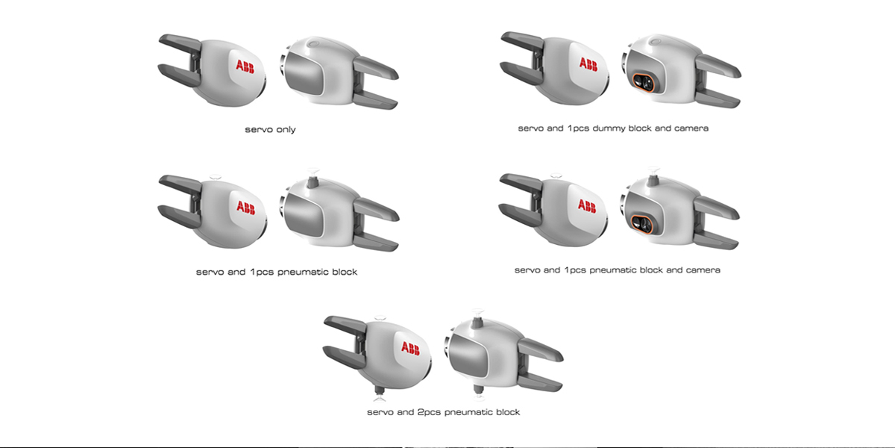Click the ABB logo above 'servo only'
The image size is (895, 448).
click(245, 66)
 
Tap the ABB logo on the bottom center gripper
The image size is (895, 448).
click(410, 348)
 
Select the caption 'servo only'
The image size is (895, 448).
click(270, 130)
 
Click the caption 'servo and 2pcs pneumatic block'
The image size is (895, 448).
click(443, 412)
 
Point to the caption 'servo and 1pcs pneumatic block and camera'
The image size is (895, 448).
click(617, 270)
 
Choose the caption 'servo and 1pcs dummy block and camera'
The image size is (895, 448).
click(613, 128)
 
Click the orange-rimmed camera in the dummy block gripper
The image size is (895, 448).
click(641, 82)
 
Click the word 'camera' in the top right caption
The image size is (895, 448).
click(691, 128)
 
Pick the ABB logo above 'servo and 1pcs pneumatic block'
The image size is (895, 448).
click(245, 206)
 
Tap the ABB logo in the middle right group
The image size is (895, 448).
click(587, 205)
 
